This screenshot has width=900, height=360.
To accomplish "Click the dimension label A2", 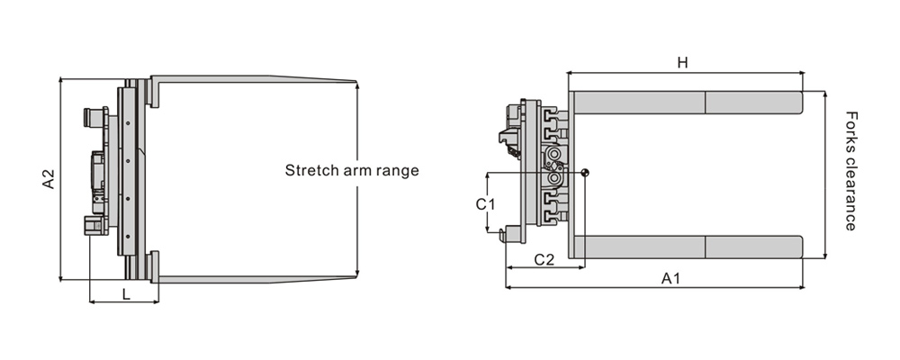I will pos(49,178).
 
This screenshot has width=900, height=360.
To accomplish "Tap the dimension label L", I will pos(125,293).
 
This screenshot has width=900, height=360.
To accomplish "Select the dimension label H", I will pos(682,62).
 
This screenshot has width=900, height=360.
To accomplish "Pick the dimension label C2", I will pos(544,260).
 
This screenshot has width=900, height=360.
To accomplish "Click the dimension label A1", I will pos(670,279).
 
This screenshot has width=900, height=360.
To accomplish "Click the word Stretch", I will pos(311,170).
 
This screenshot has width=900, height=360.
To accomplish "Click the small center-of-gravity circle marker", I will pos(585,173).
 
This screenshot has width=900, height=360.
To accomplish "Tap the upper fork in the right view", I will pos(687,103).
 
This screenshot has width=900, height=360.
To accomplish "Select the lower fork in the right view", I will pos(687,246).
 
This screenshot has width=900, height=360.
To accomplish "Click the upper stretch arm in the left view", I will pos(252,80).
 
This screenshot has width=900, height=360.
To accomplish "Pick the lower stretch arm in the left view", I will pos(252,279).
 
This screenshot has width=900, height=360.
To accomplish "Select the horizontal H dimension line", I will pos(630,73).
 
